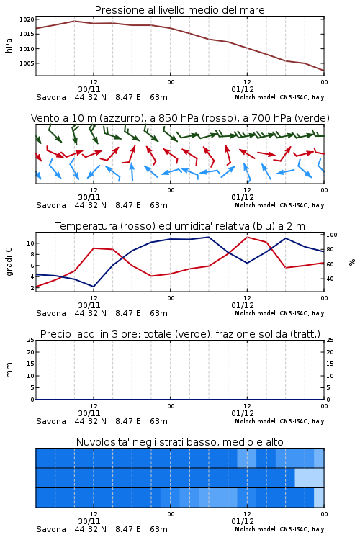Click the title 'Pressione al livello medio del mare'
[179, 10]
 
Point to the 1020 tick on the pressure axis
[27, 19]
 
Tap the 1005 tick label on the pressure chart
[27, 63]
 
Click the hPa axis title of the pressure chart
[9, 45]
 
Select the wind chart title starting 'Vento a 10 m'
[180, 119]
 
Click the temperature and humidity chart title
[180, 226]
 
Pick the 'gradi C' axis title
[9, 261]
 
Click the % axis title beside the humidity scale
[352, 262]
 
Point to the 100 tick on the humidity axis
[332, 235]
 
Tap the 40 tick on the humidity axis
[330, 279]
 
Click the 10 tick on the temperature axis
[31, 243]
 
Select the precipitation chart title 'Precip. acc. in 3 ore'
[180, 334]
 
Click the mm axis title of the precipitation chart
[9, 369]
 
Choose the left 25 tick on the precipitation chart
[31, 340]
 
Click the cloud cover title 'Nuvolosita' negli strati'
[179, 442]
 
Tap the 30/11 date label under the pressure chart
[89, 89]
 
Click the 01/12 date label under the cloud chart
[243, 521]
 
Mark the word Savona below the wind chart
[51, 205]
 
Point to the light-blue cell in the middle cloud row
[309, 477]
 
